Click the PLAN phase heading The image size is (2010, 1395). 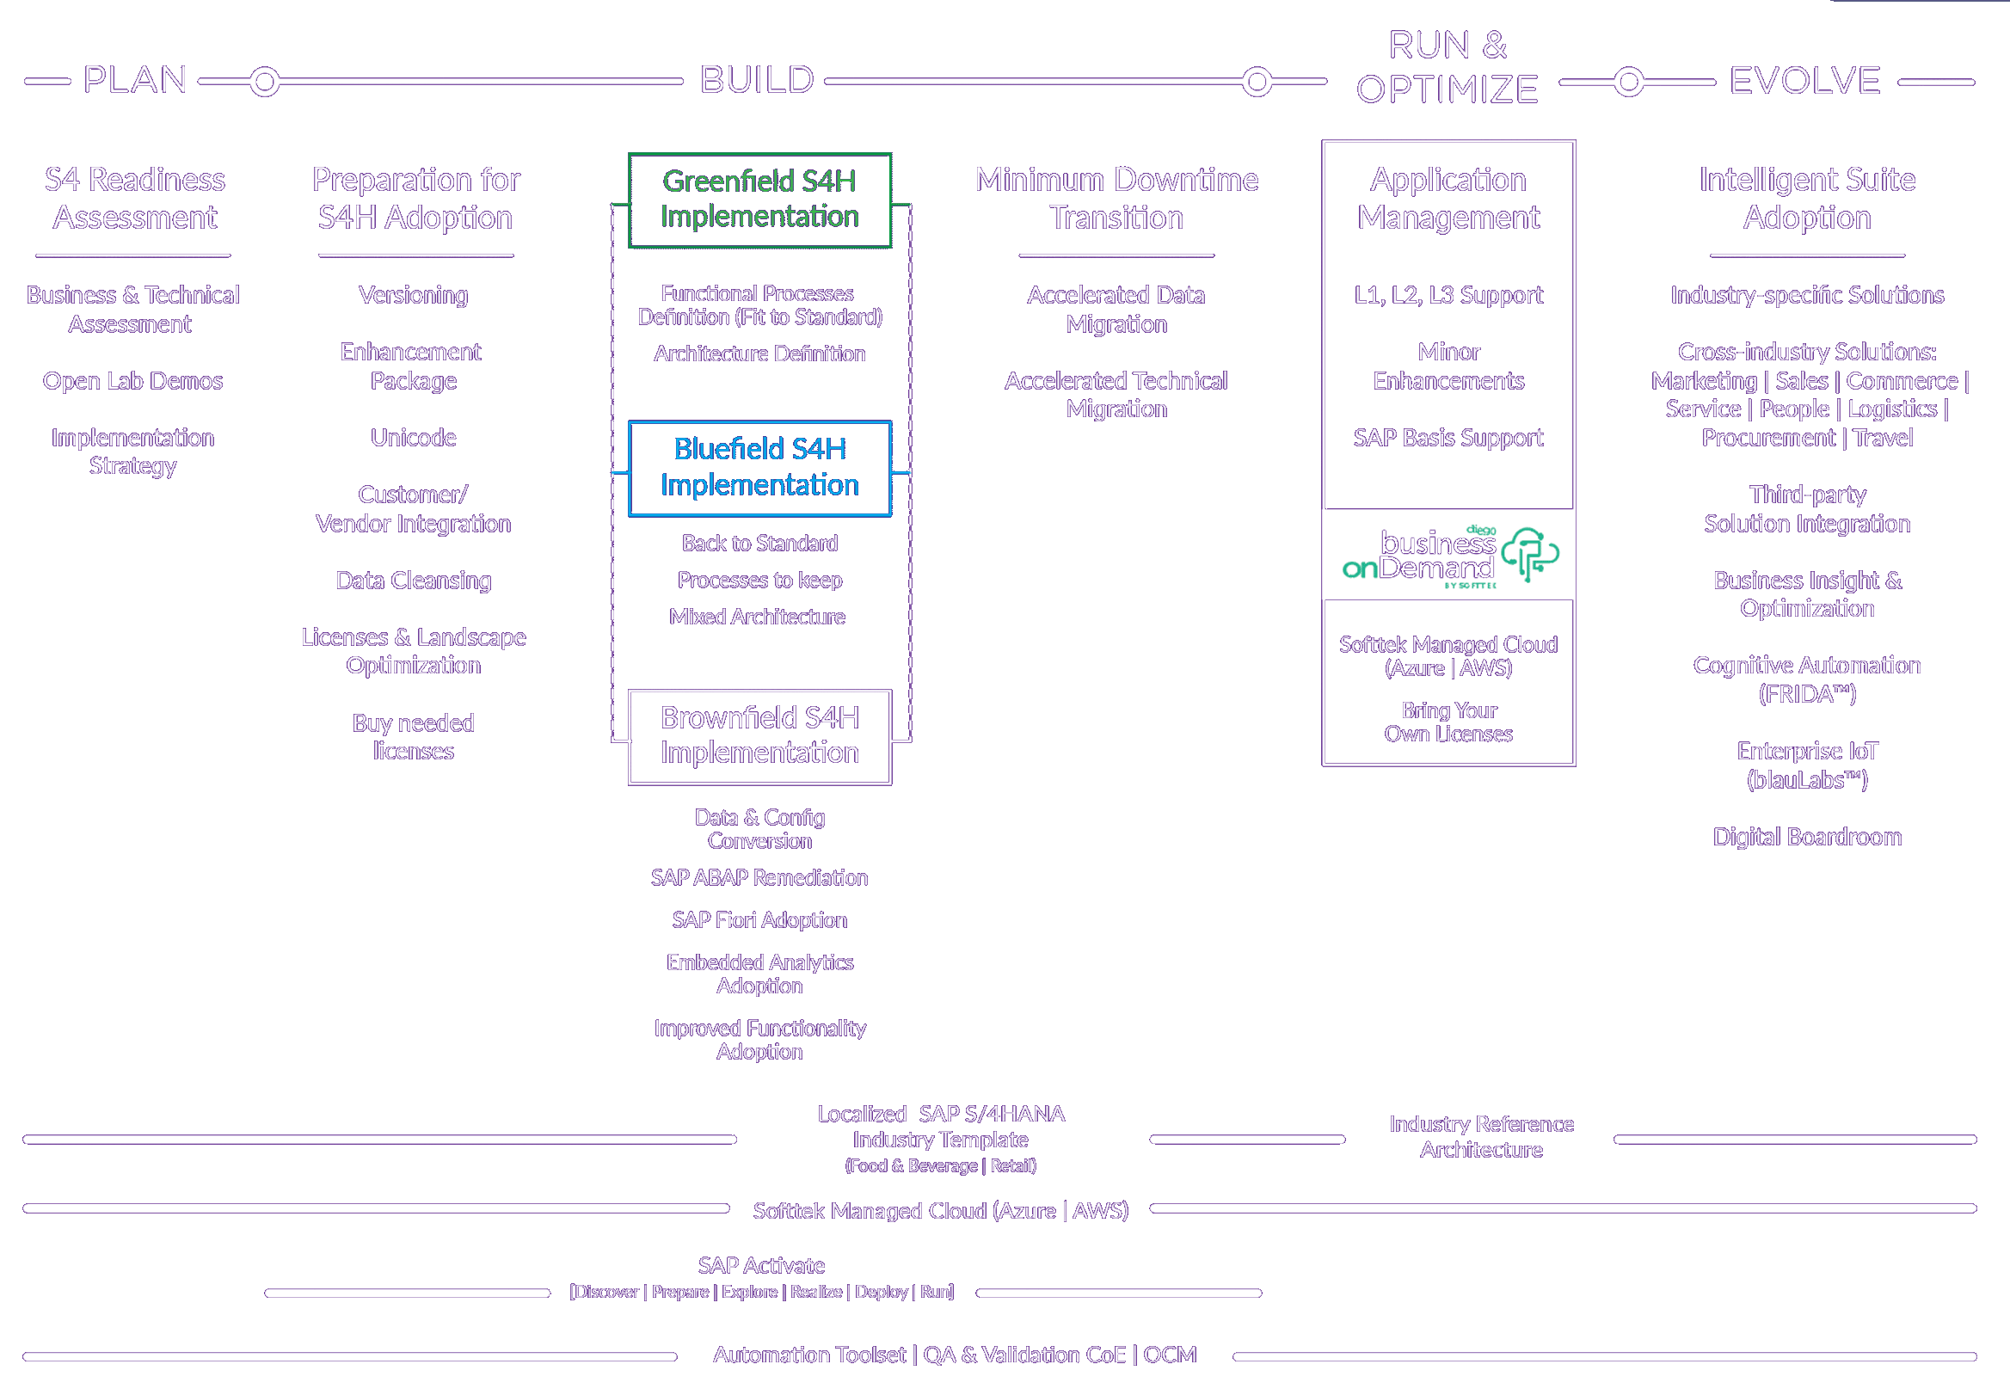coord(135,80)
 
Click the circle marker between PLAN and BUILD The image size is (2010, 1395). coord(265,83)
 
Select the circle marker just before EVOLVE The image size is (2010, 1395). coord(1628,83)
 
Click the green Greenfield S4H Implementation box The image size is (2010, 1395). coord(759,200)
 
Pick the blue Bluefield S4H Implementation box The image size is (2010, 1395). coord(759,468)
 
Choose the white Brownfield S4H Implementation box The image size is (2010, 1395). coord(759,736)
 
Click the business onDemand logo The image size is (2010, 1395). coord(1448,555)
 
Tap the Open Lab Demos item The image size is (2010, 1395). coord(132,381)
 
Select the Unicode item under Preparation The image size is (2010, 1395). coord(414,437)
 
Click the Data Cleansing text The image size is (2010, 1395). coord(414,581)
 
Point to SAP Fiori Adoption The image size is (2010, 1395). coord(759,919)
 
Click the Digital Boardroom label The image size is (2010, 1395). coord(1806,837)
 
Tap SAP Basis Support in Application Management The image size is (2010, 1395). coord(1448,437)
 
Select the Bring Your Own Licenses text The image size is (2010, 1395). coord(1448,722)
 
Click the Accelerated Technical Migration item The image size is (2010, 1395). coord(1116,395)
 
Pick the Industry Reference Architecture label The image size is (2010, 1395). coord(1481,1136)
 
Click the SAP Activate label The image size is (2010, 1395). coord(761,1265)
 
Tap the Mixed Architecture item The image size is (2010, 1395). coord(757,618)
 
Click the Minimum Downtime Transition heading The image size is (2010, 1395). coord(1116,199)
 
